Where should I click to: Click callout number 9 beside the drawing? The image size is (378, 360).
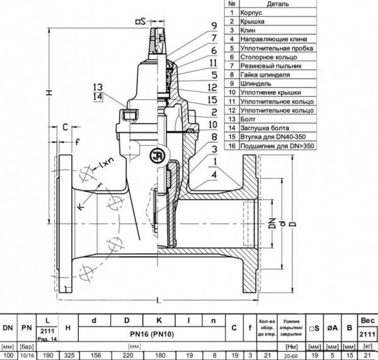pyautogui.click(x=215, y=26)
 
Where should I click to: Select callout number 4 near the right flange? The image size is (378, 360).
pyautogui.click(x=215, y=172)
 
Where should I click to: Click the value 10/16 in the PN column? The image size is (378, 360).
pyautogui.click(x=26, y=355)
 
